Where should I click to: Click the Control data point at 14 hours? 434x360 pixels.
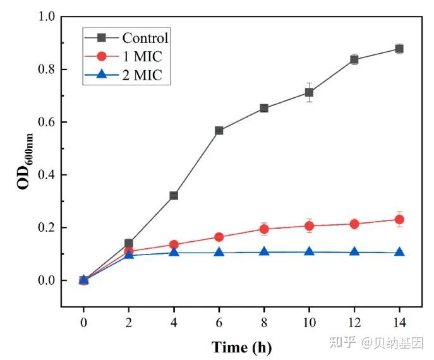tap(399, 49)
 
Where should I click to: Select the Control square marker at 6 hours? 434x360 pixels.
tap(219, 130)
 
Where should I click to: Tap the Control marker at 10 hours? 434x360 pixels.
tap(309, 92)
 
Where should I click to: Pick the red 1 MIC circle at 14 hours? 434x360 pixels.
tap(399, 219)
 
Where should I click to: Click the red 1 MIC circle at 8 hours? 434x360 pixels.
tap(264, 229)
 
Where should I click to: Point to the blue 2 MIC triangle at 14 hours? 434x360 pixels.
tap(399, 252)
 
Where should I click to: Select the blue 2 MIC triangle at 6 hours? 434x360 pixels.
tap(219, 252)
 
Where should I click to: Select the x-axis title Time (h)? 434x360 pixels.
tap(241, 347)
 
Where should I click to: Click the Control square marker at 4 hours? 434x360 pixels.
tap(174, 195)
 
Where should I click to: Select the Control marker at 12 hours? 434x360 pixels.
tap(354, 59)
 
